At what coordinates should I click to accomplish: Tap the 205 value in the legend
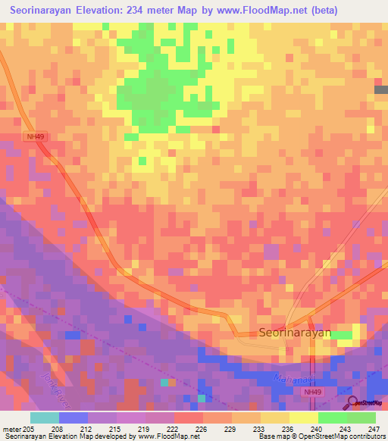(29, 429)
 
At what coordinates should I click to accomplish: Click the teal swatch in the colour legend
(44, 418)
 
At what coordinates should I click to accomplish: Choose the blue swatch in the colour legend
(73, 418)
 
